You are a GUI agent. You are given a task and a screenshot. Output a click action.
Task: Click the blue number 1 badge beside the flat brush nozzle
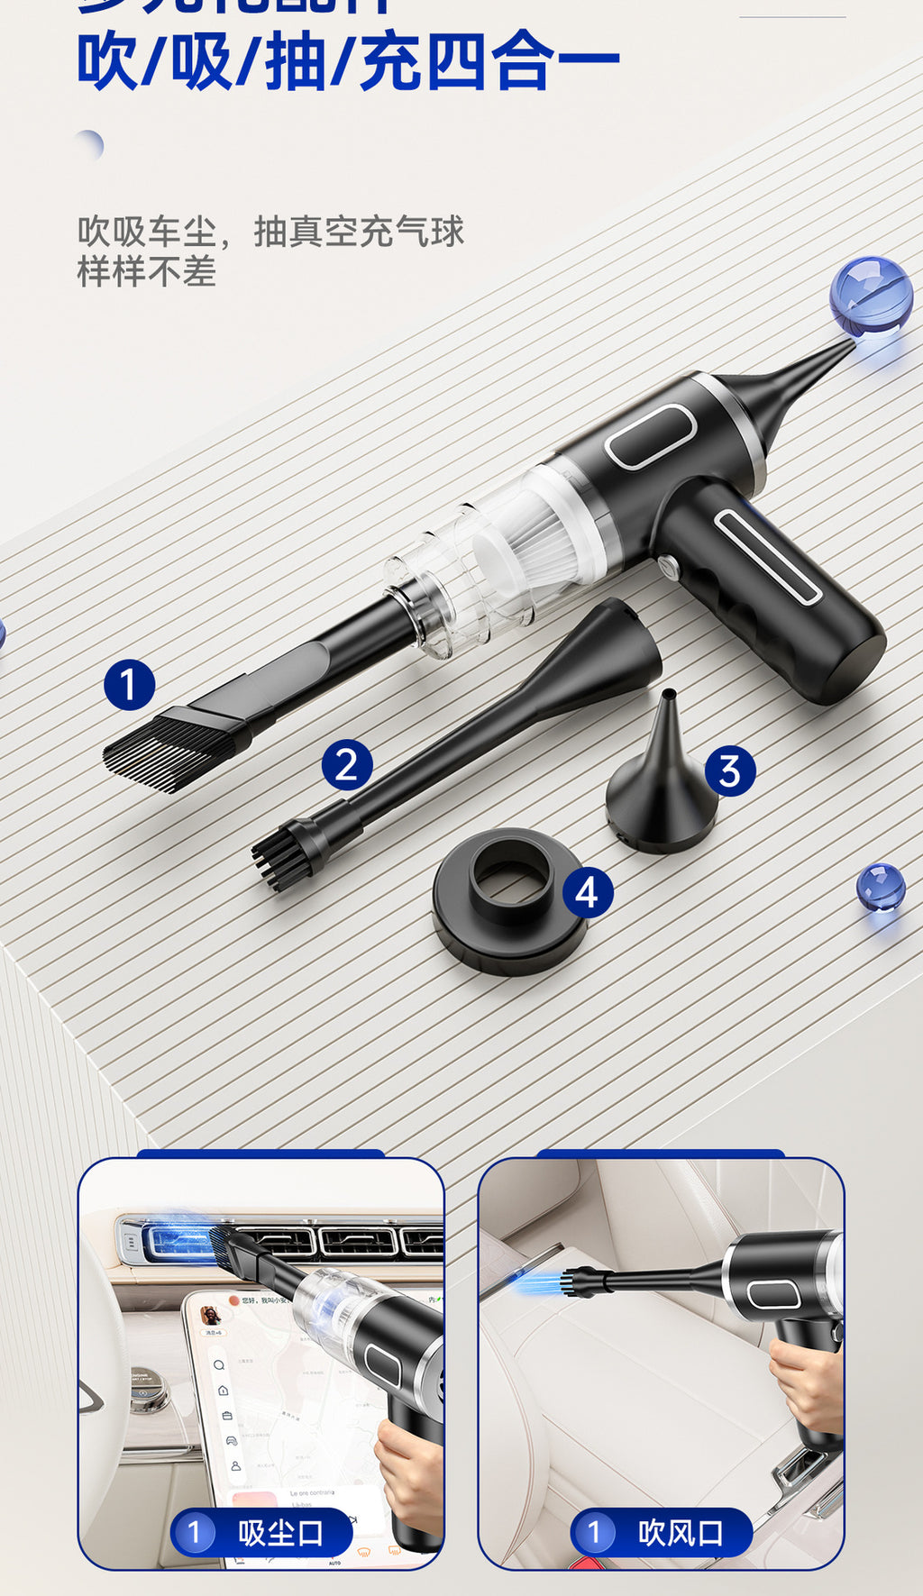[129, 684]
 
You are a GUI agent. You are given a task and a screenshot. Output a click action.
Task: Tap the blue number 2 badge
[347, 765]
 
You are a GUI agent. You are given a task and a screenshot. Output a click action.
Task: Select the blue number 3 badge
[729, 771]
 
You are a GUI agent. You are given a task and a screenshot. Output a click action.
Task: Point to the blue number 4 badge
[588, 892]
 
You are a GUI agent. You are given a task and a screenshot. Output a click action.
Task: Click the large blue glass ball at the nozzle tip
[870, 296]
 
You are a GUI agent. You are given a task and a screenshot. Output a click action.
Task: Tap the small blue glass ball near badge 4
[880, 887]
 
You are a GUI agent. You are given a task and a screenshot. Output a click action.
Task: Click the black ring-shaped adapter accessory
[510, 904]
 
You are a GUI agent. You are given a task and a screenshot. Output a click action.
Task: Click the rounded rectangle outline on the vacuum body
[649, 436]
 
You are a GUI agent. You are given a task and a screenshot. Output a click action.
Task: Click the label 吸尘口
[280, 1533]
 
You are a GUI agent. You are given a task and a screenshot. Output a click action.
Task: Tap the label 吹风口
[681, 1533]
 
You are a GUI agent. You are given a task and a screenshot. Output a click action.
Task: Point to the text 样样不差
[147, 271]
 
